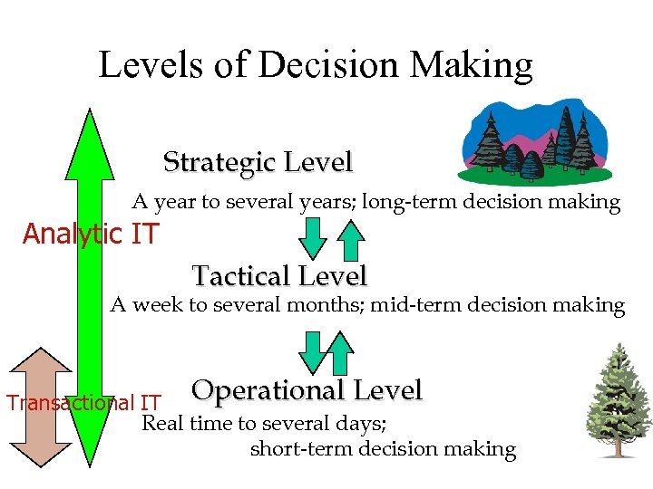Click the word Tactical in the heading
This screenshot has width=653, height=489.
point(238,275)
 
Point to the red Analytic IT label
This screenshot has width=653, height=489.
point(90,235)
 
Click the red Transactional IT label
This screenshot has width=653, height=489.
point(83,403)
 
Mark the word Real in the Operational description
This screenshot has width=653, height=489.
point(164,422)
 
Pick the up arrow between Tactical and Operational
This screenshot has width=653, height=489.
point(340,352)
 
